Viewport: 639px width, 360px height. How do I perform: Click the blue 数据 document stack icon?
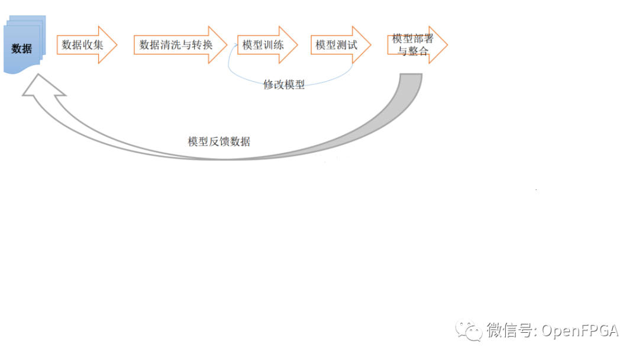(24, 47)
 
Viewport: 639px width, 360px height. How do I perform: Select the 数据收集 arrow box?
(83, 45)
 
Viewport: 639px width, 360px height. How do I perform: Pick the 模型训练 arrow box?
(263, 45)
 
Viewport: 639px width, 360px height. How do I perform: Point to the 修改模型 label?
(284, 85)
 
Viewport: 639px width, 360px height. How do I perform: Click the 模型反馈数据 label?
(219, 142)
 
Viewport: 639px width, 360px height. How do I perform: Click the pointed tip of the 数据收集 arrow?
(116, 45)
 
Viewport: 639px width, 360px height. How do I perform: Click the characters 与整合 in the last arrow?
(412, 52)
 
